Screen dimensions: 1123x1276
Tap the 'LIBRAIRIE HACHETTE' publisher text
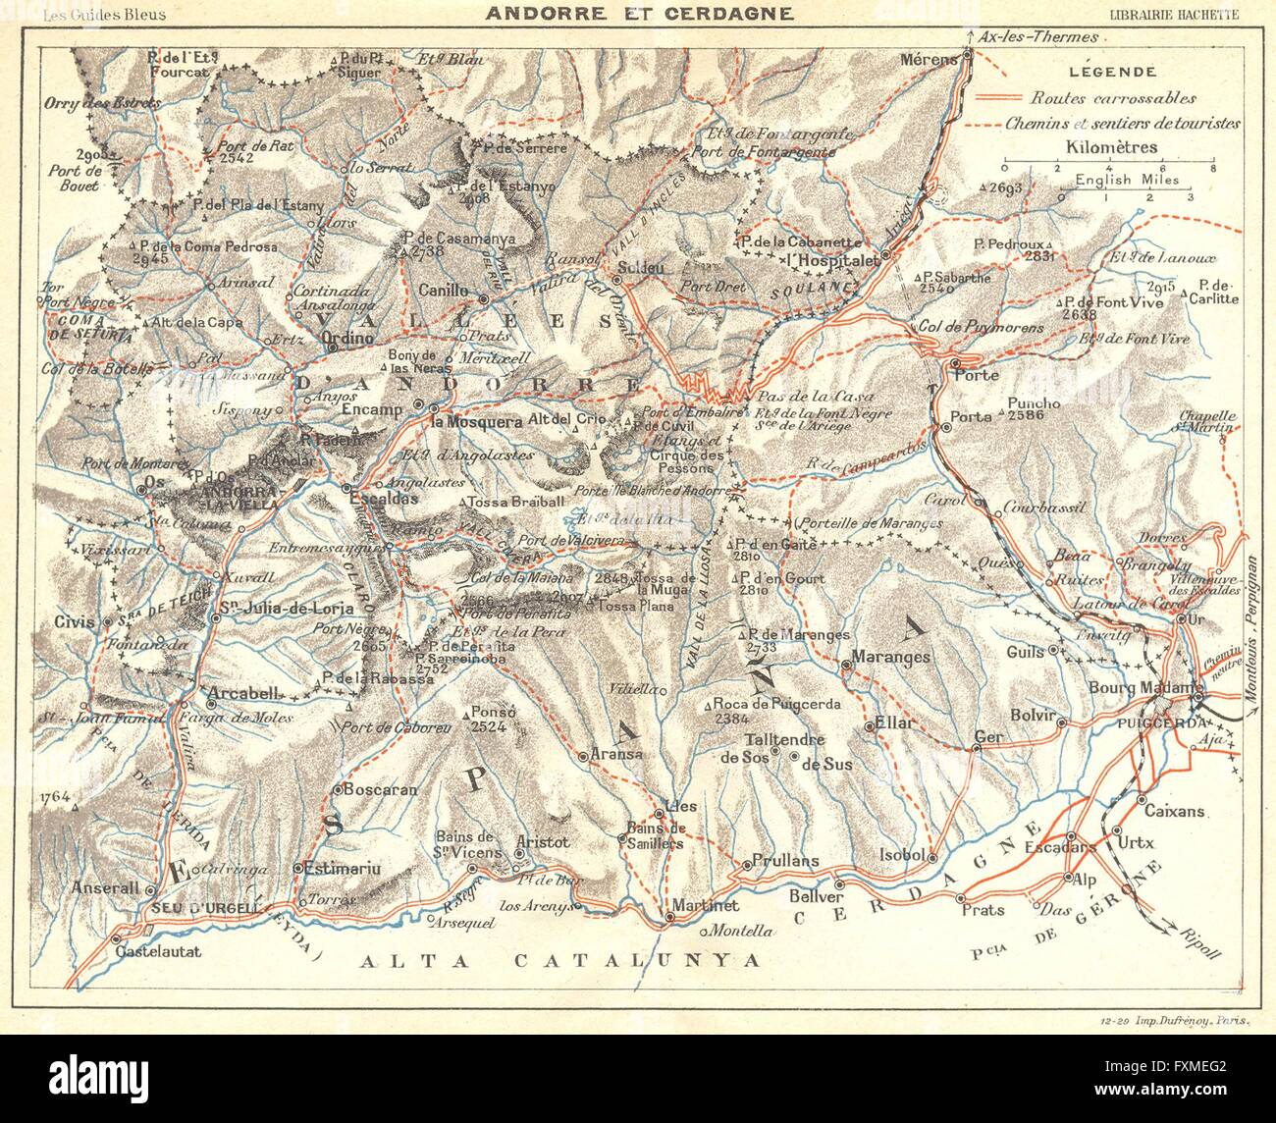[x=1174, y=14]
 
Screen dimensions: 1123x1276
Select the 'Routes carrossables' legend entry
[x=1113, y=98]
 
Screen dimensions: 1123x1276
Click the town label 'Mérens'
[x=927, y=60]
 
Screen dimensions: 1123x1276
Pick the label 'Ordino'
[x=348, y=338]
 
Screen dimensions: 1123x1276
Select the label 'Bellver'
[x=816, y=896]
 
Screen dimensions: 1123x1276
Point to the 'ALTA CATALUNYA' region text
[x=560, y=960]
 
